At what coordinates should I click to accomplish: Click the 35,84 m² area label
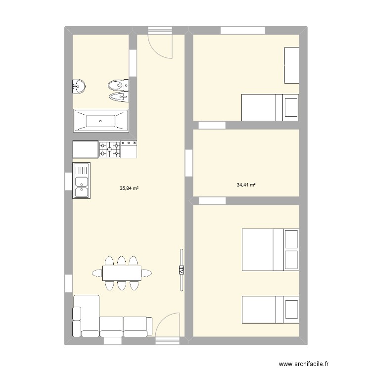click(129, 188)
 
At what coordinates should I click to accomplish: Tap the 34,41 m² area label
click(246, 185)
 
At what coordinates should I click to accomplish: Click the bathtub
click(101, 120)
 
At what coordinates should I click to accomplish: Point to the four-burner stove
click(110, 149)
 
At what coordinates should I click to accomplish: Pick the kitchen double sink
click(81, 181)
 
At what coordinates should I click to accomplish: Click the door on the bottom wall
click(167, 327)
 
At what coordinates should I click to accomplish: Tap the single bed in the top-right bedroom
click(270, 107)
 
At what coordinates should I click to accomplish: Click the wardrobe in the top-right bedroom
click(291, 65)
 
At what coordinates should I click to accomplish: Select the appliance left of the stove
click(86, 149)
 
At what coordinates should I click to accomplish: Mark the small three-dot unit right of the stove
click(129, 149)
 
